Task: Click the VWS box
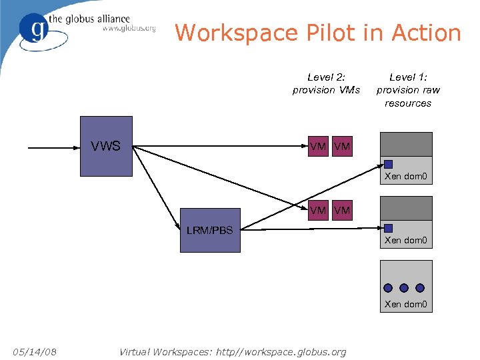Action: tap(106, 146)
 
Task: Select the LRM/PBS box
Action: tap(210, 231)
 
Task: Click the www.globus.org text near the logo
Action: tap(129, 29)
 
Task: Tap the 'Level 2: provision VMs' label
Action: tap(326, 83)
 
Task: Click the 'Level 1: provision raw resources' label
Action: tap(408, 90)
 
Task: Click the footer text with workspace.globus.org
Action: tap(232, 351)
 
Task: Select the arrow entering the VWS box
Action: tap(53, 146)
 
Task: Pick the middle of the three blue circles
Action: tap(404, 288)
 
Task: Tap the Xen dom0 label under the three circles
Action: tap(405, 305)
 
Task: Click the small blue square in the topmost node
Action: tap(388, 164)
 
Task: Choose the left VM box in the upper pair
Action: tap(319, 146)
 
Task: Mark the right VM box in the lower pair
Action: tap(341, 211)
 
